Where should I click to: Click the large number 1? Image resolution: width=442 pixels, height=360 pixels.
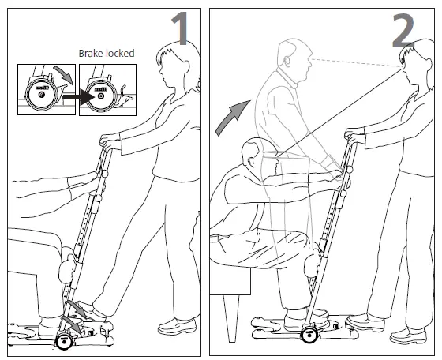(x=180, y=29)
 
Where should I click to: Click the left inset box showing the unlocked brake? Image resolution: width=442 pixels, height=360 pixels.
(x=43, y=88)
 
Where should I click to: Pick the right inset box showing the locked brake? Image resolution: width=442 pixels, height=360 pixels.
(x=107, y=88)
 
